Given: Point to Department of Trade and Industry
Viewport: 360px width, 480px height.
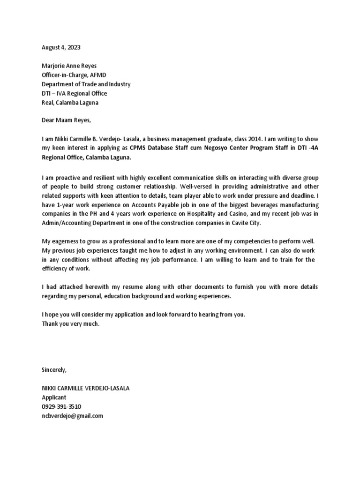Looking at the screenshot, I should [x=86, y=84].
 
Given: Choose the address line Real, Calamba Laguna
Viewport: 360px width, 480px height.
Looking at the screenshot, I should [x=70, y=103].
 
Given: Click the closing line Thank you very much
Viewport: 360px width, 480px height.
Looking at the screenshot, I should [x=71, y=324].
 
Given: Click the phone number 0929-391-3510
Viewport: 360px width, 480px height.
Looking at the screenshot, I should [x=61, y=406].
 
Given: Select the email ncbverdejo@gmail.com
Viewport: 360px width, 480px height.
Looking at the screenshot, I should [x=72, y=416].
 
